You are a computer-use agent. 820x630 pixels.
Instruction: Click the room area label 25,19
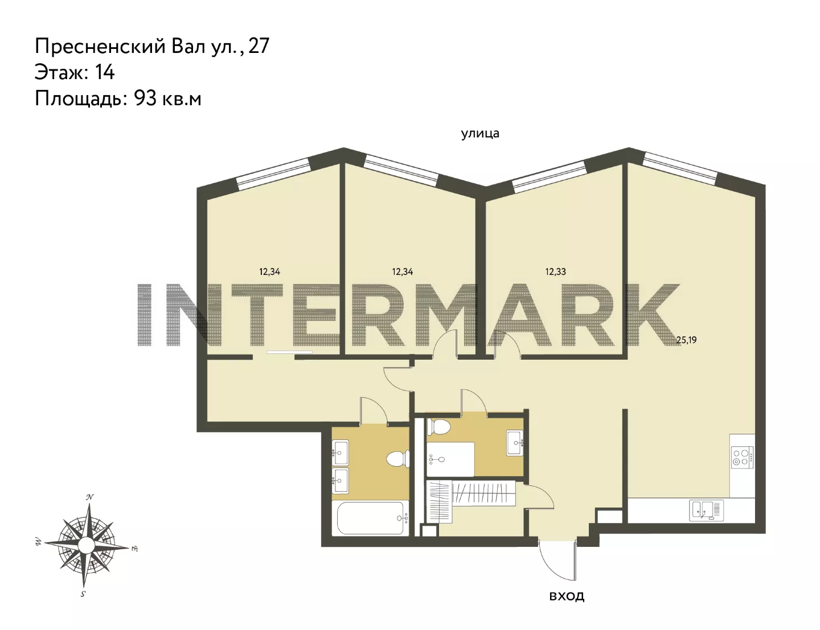686,340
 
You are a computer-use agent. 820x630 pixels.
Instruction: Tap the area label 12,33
555,272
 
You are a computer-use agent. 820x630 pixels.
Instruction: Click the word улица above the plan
480,134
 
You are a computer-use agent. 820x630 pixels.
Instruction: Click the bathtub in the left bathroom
370,518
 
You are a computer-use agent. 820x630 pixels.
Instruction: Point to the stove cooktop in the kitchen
742,458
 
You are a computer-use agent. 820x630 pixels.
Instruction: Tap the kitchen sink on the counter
707,510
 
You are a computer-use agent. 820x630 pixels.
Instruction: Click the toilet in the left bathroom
397,459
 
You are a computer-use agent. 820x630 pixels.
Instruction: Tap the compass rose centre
87,544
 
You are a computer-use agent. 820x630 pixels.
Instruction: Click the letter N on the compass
89,497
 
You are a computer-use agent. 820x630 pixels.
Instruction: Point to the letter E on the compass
134,549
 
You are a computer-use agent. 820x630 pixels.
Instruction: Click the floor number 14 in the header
105,72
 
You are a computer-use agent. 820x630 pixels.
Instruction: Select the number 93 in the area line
145,99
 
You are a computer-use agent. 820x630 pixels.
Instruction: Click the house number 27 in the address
259,46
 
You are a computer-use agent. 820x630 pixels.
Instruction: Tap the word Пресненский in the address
100,47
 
